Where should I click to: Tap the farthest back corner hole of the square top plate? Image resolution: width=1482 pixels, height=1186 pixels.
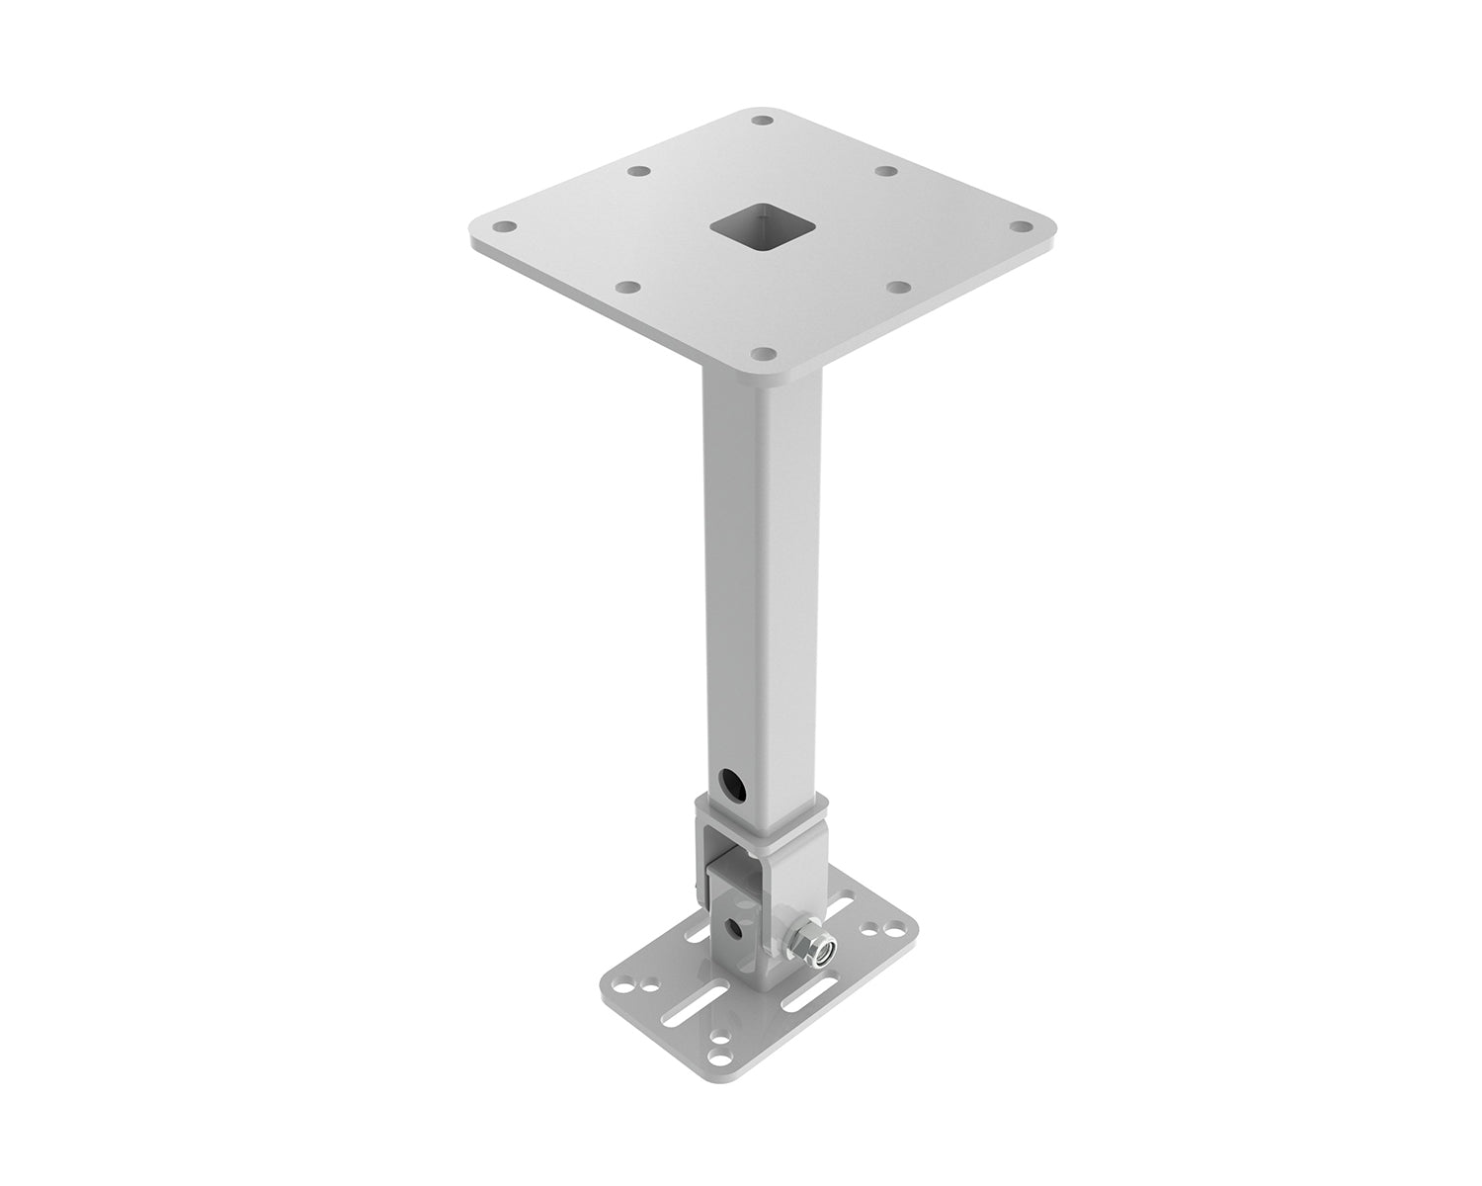point(761,121)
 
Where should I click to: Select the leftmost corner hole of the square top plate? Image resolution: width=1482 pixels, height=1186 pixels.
point(504,226)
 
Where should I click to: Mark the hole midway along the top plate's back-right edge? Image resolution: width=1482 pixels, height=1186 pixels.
point(886,172)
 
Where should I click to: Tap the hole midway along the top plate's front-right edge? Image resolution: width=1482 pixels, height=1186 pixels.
point(898,287)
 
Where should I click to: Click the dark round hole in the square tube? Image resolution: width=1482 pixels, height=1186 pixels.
point(732,786)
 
